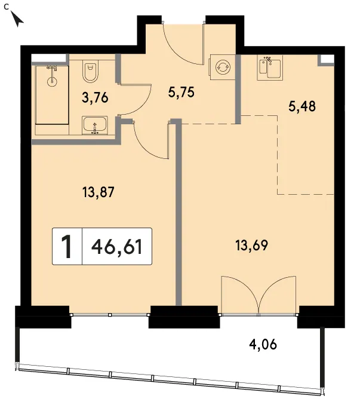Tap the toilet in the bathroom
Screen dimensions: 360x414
[90, 70]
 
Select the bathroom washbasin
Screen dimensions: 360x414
[95, 125]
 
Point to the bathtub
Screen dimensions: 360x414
[53, 95]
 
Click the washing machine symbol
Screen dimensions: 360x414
[223, 68]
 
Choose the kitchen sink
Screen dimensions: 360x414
[270, 68]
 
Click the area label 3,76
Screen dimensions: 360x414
[95, 98]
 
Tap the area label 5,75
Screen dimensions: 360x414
[181, 93]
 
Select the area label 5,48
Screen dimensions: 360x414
[302, 107]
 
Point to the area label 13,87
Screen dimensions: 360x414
[98, 192]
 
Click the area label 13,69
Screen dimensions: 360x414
[251, 246]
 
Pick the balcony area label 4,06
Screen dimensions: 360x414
[263, 345]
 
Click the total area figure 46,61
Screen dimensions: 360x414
[116, 247]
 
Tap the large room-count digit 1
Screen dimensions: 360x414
[66, 247]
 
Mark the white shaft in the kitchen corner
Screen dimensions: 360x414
[327, 59]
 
